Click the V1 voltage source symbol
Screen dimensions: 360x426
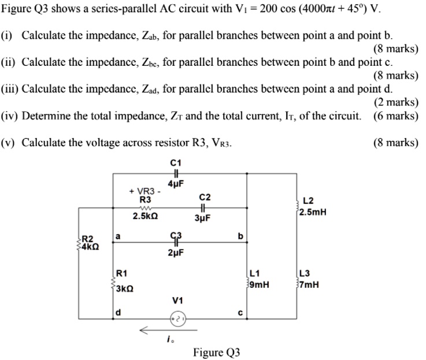(x=179, y=319)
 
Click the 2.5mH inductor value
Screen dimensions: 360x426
(x=313, y=211)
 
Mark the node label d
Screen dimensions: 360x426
(x=118, y=313)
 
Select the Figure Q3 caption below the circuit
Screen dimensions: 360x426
(x=216, y=352)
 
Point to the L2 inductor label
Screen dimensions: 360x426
(x=308, y=201)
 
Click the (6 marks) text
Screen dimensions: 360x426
(x=396, y=115)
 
